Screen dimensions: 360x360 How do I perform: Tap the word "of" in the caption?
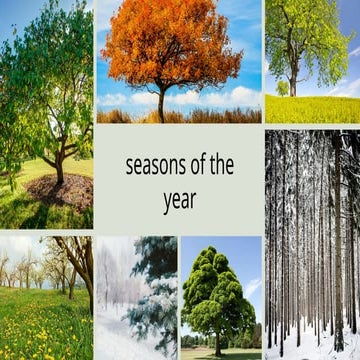click(202, 166)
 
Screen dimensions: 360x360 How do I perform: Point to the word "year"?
click(179, 200)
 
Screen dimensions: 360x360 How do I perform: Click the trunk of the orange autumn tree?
click(160, 103)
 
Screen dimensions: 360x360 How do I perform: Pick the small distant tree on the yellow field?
click(283, 88)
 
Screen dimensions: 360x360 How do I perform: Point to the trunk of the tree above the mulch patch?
click(59, 166)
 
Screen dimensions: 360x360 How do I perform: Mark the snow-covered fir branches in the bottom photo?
click(155, 290)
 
